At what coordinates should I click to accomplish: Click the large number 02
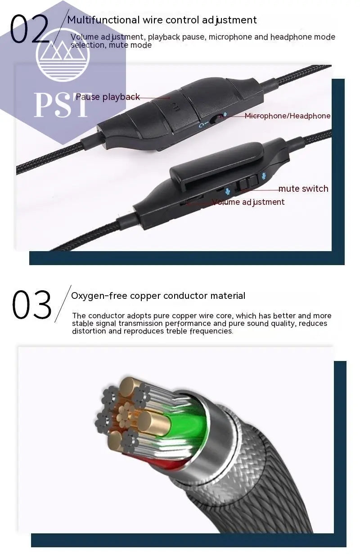point(29,29)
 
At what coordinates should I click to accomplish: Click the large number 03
point(31,305)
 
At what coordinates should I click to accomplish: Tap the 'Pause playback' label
point(108,97)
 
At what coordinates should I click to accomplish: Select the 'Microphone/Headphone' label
point(288,116)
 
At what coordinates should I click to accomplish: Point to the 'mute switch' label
point(303,189)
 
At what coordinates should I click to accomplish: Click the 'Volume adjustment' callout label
point(248,202)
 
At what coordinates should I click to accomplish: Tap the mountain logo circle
point(63,54)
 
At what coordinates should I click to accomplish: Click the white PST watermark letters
point(61,105)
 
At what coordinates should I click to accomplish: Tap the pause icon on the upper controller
point(176,108)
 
